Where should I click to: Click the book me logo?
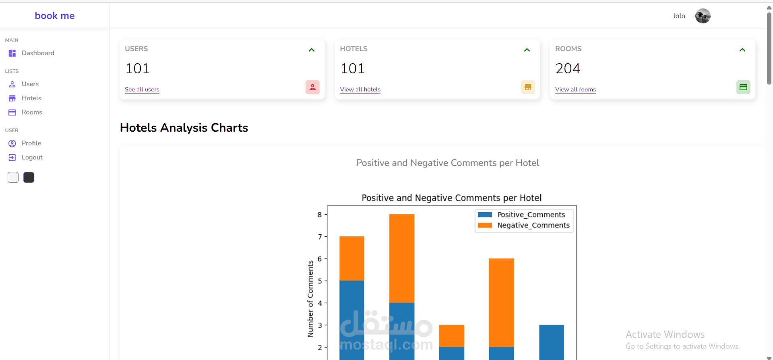pos(55,16)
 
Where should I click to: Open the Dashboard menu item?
pos(37,53)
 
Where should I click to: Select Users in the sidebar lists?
pos(30,84)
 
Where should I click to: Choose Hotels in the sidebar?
pos(31,98)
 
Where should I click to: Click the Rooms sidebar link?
pos(31,112)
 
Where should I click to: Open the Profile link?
pos(31,143)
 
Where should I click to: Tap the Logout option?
pos(32,157)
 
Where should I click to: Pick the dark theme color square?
pos(29,178)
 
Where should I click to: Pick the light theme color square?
pos(13,178)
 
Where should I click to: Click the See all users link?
pos(142,89)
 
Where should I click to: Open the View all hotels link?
pos(360,89)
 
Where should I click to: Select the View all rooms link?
pos(575,89)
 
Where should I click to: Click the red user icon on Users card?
pos(312,87)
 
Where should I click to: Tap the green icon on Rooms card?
pos(743,87)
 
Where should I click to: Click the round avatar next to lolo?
pos(703,16)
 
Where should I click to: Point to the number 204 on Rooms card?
pos(568,68)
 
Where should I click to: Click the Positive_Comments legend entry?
pos(531,215)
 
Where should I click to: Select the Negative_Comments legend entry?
pos(533,225)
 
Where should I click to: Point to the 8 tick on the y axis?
pos(320,215)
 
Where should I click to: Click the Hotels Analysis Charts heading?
pos(184,128)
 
